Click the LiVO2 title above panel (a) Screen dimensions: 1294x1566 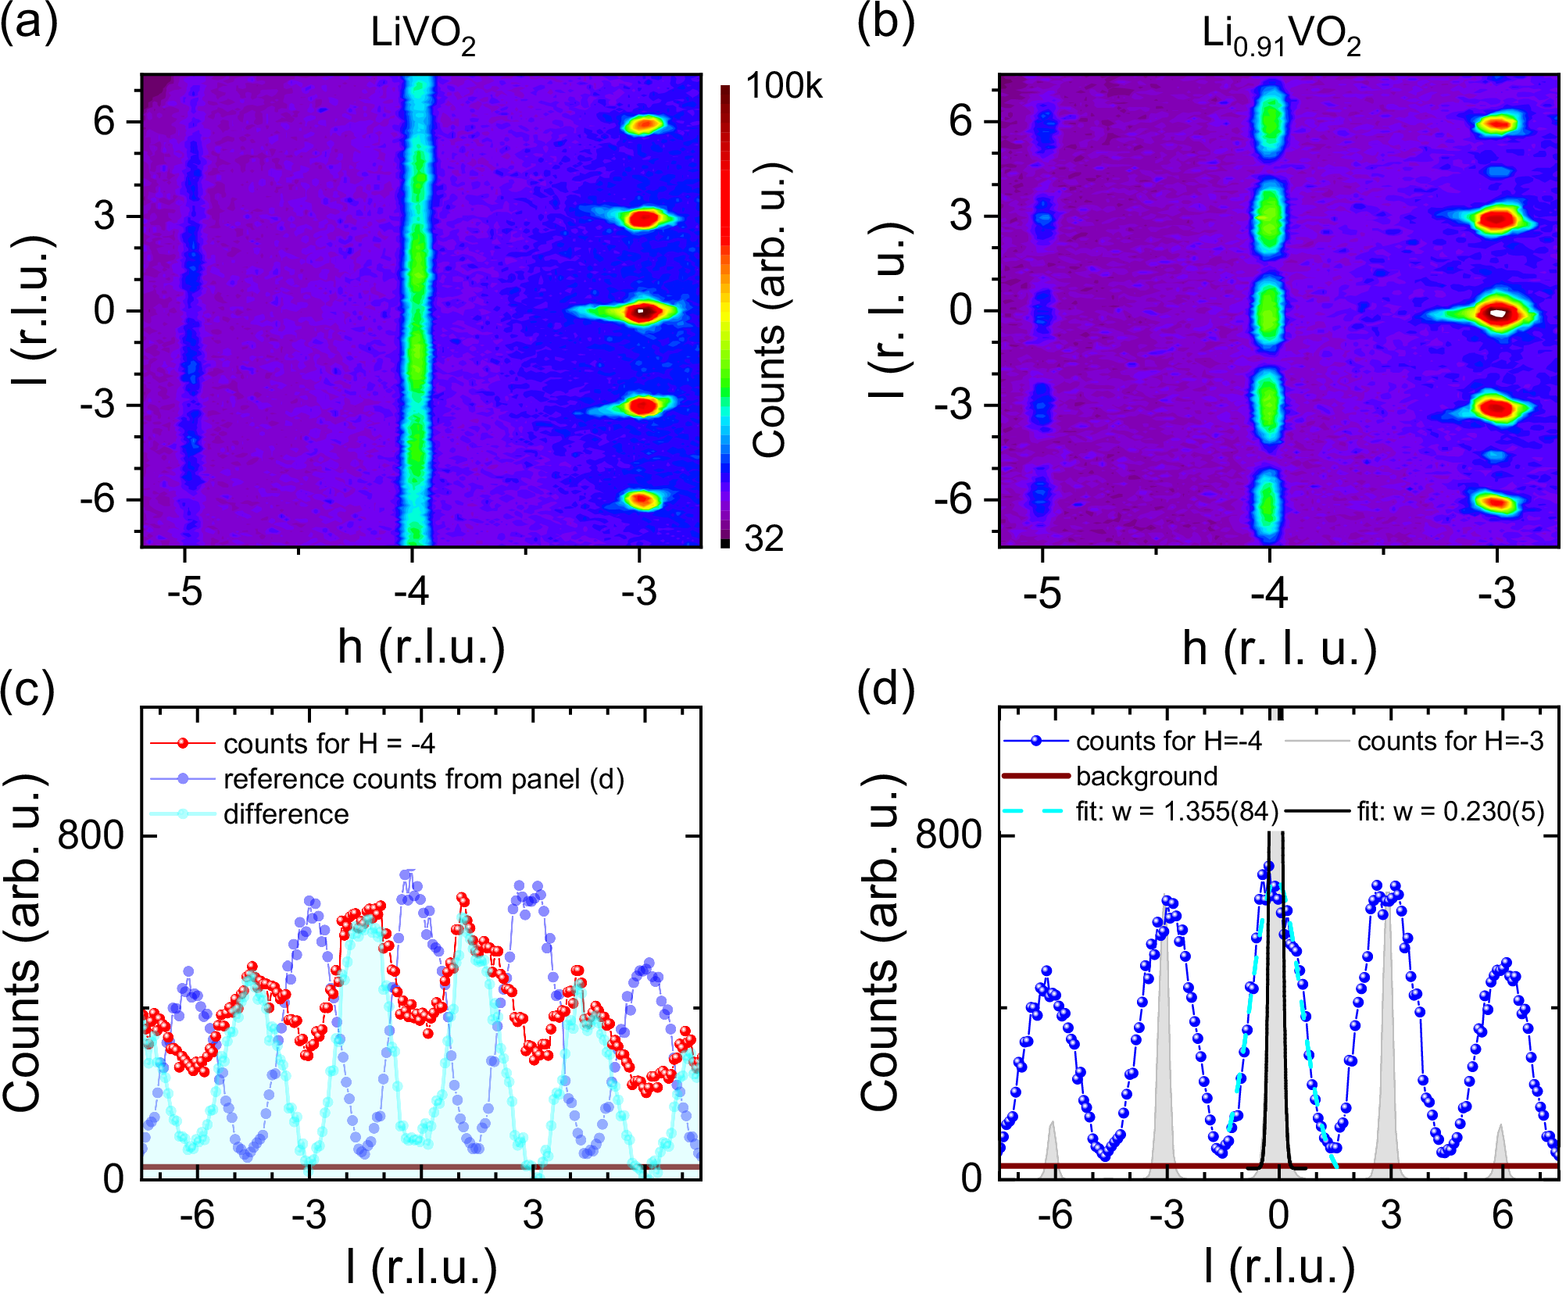423,34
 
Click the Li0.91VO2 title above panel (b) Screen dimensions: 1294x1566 1281,36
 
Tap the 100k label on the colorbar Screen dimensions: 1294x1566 784,86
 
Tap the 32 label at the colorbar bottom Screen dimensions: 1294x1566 763,539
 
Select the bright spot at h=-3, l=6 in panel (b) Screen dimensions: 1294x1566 1498,124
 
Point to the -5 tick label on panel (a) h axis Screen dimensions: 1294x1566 185,592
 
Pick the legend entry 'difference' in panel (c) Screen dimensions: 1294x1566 286,814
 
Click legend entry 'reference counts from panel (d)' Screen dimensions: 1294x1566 424,779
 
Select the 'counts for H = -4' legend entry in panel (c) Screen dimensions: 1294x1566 329,744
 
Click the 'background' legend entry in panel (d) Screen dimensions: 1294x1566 1146,776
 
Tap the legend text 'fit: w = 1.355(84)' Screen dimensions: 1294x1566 1177,812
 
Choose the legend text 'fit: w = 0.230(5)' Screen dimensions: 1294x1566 1450,812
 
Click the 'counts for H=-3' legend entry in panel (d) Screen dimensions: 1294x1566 1450,741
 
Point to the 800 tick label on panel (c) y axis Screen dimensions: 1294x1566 91,836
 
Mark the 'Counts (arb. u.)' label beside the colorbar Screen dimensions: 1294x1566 770,310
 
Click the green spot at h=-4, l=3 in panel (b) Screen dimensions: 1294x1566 1269,218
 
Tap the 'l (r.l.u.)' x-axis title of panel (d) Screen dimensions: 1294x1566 1279,1267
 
